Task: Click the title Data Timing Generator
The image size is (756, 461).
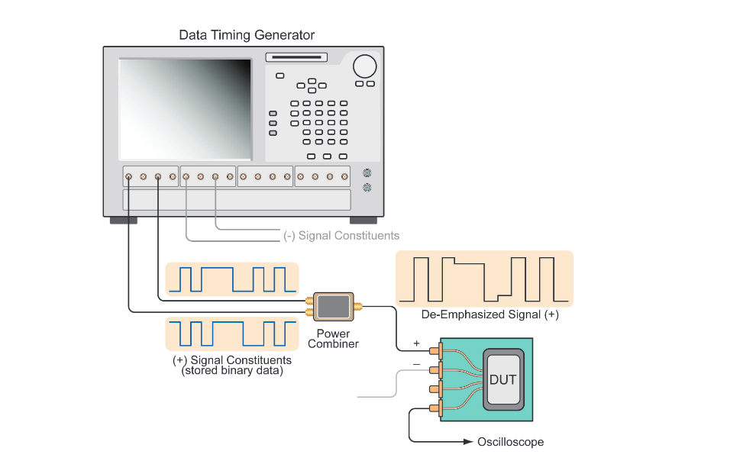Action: click(x=246, y=35)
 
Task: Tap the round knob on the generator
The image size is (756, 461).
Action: click(x=364, y=66)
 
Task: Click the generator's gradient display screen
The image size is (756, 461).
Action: click(x=186, y=108)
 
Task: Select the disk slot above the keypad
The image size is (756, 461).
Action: click(x=296, y=57)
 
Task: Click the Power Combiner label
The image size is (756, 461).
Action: click(x=333, y=338)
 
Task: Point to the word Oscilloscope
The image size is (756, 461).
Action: click(x=510, y=442)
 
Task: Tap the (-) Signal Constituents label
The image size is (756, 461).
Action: click(x=341, y=236)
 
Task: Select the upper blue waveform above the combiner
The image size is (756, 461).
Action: click(x=231, y=279)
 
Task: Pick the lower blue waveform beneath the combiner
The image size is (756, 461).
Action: click(x=231, y=334)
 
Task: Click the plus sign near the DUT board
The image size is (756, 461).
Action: click(x=416, y=343)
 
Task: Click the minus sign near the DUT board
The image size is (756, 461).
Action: click(x=416, y=365)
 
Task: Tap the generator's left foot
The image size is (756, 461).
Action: click(x=123, y=221)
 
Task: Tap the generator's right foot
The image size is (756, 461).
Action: click(x=363, y=221)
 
